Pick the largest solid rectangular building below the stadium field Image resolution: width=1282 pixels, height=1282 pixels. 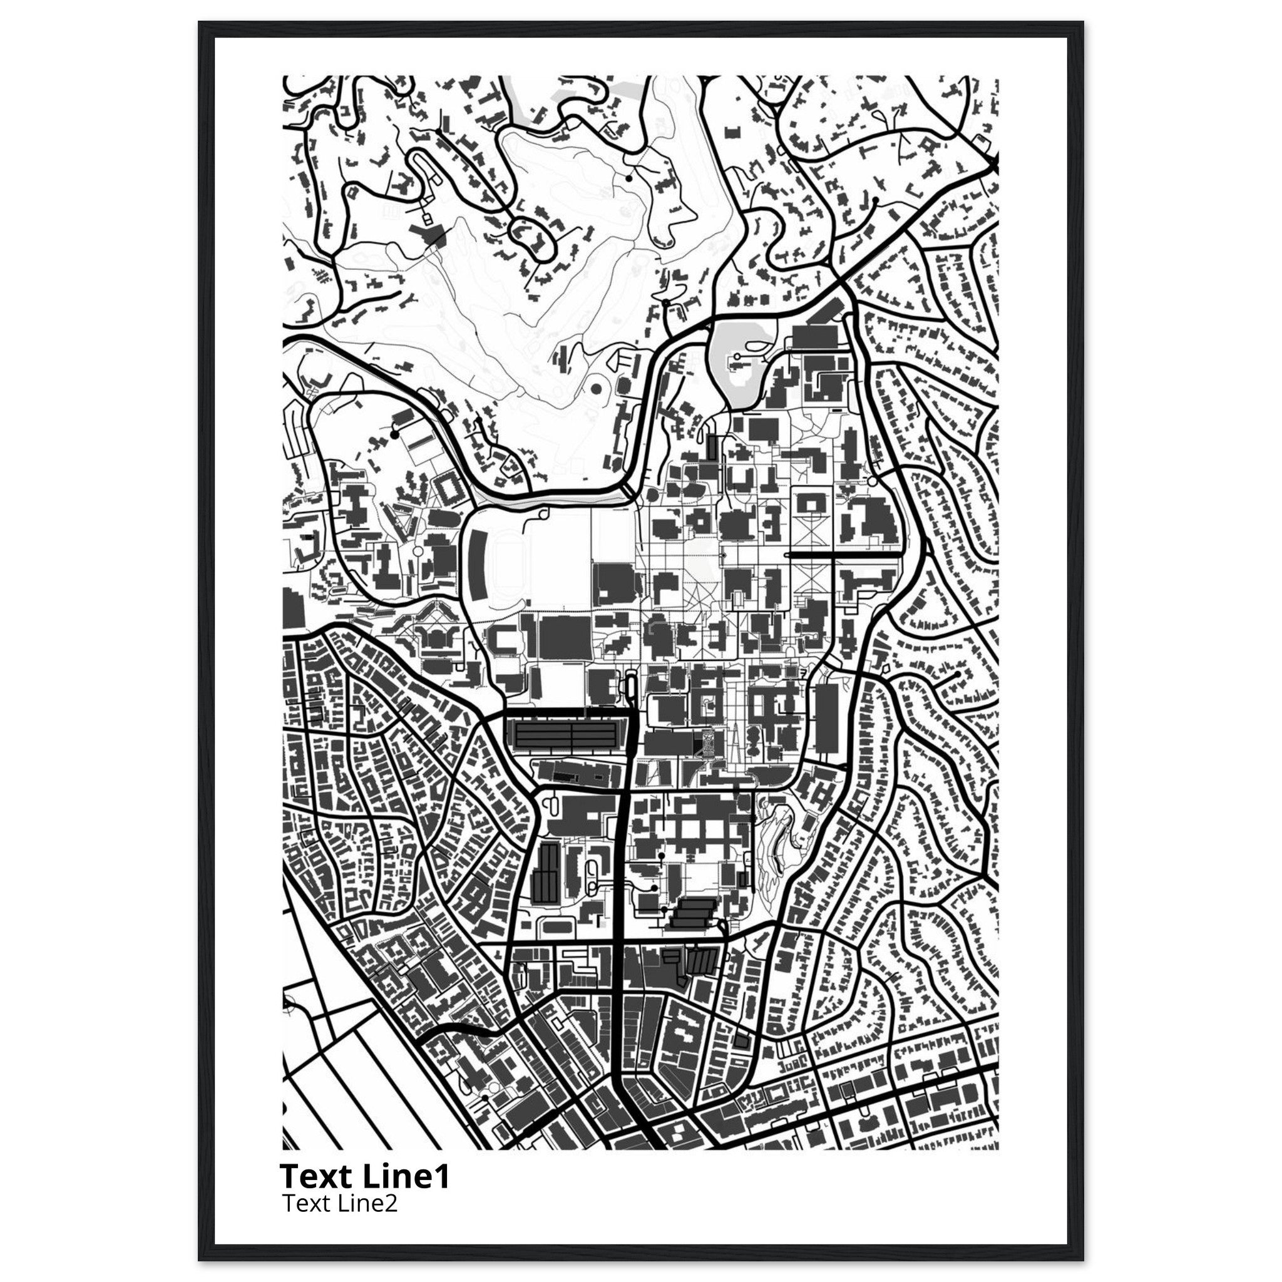[x=564, y=637]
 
